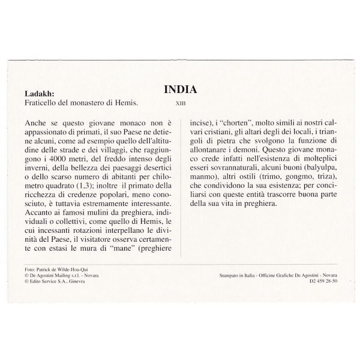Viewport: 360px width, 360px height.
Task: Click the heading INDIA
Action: point(180,90)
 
